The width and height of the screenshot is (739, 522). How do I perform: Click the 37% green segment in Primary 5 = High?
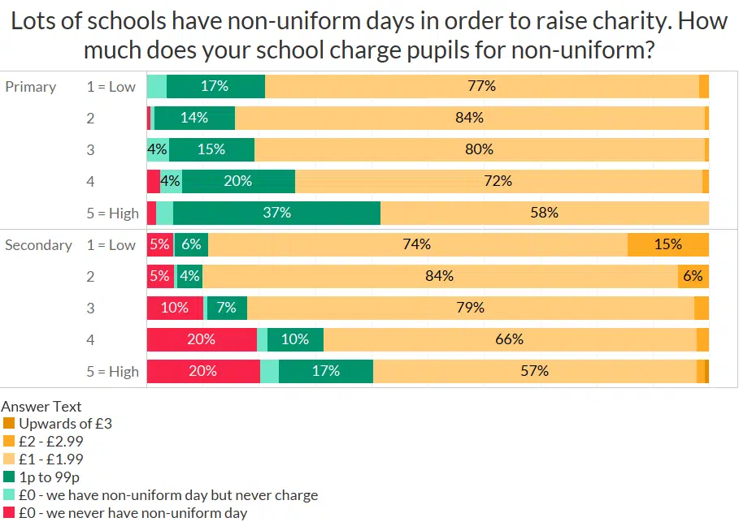point(276,213)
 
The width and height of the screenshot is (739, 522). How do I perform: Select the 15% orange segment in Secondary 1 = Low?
point(667,244)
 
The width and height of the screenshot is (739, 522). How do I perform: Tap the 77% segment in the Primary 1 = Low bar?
point(481,86)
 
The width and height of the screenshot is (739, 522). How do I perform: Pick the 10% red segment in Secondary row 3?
point(175,308)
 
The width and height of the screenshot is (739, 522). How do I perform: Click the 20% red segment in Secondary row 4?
point(201,339)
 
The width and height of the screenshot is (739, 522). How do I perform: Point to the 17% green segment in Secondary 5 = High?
point(325,371)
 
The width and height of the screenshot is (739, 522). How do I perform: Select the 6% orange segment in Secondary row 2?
point(693,276)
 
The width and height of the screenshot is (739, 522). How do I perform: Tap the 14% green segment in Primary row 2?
point(194,118)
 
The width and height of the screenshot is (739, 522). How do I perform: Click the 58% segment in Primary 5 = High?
point(544,213)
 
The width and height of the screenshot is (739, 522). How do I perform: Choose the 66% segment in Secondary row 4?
point(510,339)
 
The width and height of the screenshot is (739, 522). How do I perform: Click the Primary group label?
point(31,87)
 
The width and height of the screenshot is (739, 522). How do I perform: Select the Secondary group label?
point(38,245)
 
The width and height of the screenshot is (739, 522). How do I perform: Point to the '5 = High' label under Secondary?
point(112,372)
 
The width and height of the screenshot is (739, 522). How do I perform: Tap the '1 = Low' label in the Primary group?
point(111,87)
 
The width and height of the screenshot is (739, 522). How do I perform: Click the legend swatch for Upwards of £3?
point(9,424)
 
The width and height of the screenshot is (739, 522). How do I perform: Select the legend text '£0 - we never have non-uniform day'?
point(133,513)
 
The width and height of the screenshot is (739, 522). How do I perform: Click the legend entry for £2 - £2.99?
point(50,442)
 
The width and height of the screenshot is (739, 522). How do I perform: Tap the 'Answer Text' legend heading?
point(41,406)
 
